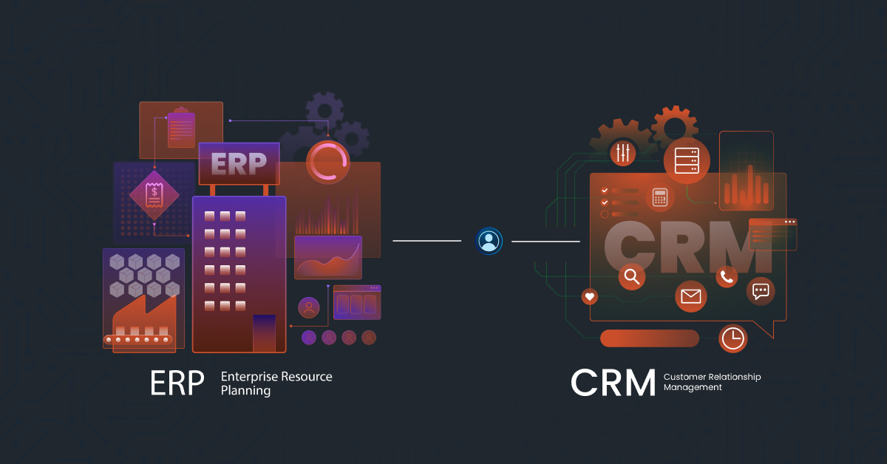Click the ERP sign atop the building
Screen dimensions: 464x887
pos(239,163)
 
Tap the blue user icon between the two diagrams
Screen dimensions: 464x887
pos(489,241)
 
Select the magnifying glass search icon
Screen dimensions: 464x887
pos(631,276)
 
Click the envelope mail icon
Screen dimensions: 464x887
pos(690,296)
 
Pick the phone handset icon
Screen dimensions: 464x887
pos(727,276)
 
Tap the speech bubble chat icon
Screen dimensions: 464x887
pos(761,291)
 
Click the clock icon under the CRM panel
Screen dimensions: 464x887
pos(733,338)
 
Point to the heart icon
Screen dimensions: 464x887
pos(589,296)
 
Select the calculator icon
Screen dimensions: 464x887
pos(660,197)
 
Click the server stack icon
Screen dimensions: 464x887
pos(686,160)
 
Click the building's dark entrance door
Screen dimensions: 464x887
pos(264,332)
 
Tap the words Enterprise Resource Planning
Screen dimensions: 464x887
pos(276,383)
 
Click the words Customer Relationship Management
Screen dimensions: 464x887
pos(711,382)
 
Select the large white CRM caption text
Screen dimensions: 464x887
pos(613,382)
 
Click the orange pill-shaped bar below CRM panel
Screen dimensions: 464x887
pos(649,338)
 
